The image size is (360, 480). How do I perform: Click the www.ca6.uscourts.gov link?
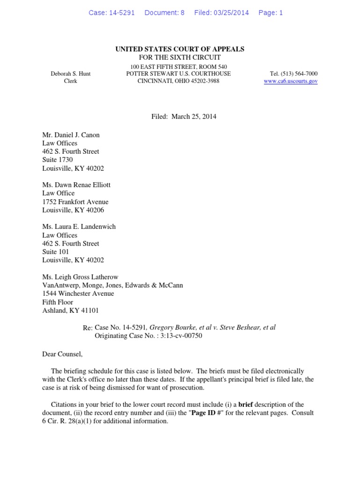(x=291, y=81)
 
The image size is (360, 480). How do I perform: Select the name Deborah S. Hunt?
(x=71, y=74)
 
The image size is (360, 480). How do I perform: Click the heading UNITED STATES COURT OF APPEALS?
(x=180, y=49)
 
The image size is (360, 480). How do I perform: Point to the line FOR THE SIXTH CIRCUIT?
(x=180, y=58)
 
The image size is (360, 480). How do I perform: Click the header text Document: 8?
(x=165, y=13)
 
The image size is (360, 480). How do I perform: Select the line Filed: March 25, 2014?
(x=180, y=117)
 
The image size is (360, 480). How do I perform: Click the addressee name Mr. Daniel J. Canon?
(x=71, y=135)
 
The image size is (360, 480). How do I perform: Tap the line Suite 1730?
(x=58, y=160)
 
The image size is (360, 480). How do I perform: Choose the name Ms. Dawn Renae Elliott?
(x=76, y=185)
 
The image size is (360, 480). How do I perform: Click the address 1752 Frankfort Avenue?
(x=75, y=202)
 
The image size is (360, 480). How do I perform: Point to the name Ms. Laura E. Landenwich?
(x=79, y=226)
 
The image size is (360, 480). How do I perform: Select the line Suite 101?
(x=56, y=252)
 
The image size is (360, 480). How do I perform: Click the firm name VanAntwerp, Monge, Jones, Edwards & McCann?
(x=112, y=285)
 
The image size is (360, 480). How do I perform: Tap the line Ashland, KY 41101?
(x=71, y=310)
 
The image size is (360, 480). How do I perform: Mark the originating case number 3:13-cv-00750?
(x=180, y=336)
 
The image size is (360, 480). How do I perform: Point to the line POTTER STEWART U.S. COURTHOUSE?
(x=179, y=74)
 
